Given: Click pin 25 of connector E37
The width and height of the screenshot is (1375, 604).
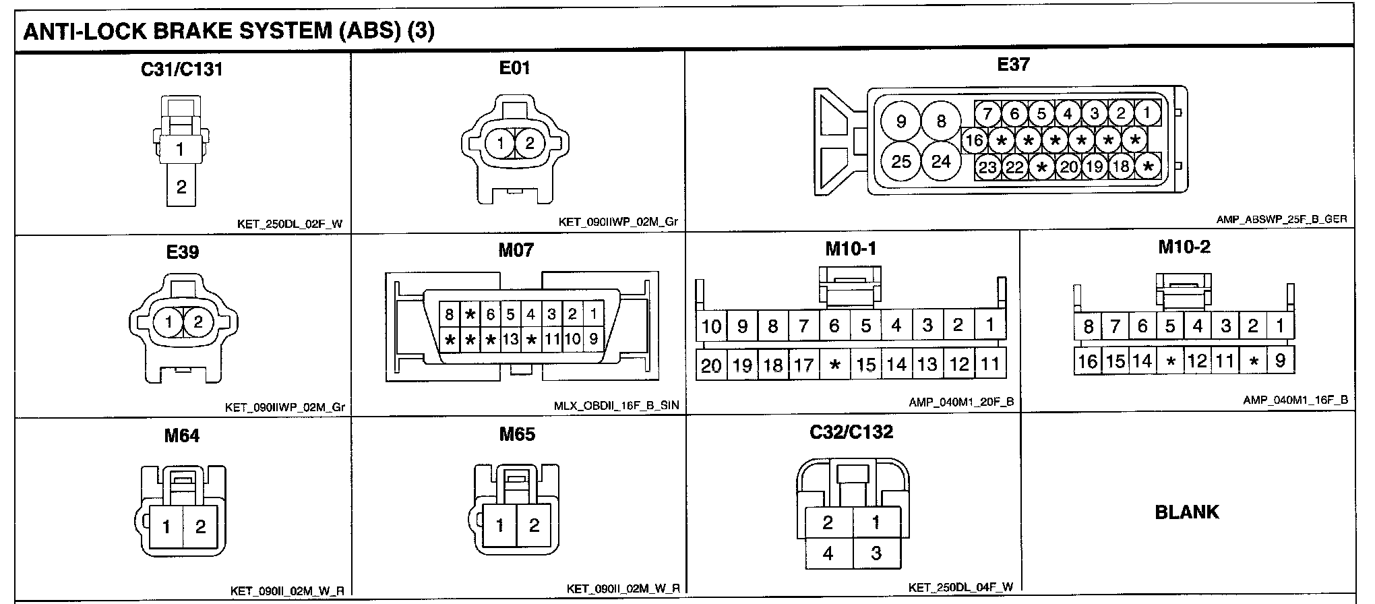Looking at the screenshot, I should coord(901,161).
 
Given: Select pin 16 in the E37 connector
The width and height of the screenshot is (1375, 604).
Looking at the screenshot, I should coord(974,140).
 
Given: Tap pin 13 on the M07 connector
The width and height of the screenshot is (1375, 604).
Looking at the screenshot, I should coord(511,339).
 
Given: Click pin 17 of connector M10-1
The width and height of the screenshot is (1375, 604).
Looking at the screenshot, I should coord(803,365).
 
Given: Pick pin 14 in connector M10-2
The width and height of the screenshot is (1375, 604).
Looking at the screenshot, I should coord(1142,361).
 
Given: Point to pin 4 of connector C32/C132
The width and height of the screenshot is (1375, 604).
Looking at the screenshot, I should coord(828,553).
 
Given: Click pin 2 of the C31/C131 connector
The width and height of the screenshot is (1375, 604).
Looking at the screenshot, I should coord(181,187).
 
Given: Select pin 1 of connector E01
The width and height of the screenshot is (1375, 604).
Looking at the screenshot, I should coord(500,143).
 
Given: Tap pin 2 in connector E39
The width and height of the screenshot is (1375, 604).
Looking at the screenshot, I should coord(197,322).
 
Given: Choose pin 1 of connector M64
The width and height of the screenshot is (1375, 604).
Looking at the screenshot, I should coord(166,526).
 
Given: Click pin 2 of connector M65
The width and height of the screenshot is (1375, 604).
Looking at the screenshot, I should coord(534,525).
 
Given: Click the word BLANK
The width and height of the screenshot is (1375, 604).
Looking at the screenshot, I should coord(1187,512).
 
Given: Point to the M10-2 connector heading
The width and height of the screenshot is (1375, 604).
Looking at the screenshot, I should coord(1184,247).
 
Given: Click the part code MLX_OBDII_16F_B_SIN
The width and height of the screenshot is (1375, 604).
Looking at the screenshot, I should coord(617,406).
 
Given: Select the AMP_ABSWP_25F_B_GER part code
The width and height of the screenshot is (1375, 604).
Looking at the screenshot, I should coord(1281,220).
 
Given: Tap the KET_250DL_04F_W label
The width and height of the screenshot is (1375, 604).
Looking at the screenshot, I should coord(960,587).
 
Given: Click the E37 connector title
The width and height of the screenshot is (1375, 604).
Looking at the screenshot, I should coord(1013,65).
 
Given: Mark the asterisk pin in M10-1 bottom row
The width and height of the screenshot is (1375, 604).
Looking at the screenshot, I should coord(835,365).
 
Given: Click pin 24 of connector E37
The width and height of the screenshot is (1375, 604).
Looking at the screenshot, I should coord(941,161).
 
